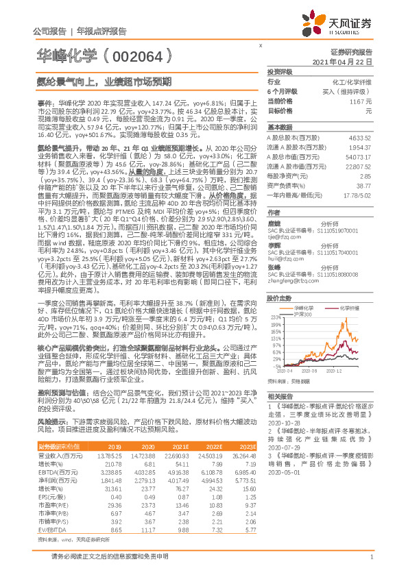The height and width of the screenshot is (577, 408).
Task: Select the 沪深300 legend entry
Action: (304, 295)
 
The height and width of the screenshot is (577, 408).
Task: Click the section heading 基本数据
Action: (279, 128)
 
